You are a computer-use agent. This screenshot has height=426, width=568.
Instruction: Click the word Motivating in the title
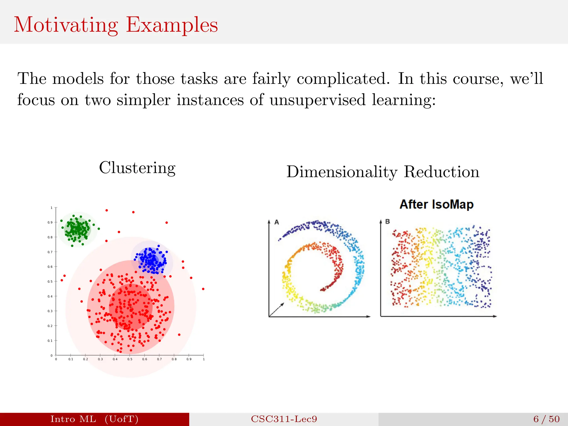(66, 25)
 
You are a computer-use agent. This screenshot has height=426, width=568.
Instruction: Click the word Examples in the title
(172, 25)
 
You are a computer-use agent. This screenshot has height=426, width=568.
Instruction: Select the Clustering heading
(137, 168)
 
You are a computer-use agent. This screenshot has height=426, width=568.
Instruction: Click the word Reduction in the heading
(442, 172)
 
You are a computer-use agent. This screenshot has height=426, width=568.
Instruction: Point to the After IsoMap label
(437, 204)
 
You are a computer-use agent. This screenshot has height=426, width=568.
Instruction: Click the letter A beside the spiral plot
(277, 222)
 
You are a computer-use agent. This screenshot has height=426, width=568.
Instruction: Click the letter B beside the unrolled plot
(387, 222)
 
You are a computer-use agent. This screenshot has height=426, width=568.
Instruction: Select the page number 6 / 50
(546, 419)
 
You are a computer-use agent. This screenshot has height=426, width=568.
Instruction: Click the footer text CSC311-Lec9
(284, 419)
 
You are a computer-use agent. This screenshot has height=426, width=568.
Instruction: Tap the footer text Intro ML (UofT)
(94, 419)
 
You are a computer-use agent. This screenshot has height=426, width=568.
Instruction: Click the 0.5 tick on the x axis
(130, 359)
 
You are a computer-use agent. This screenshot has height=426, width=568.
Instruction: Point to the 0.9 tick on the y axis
(50, 222)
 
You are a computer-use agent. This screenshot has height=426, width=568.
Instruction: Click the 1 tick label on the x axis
(204, 359)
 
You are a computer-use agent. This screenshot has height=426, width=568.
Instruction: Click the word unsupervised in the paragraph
(318, 100)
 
